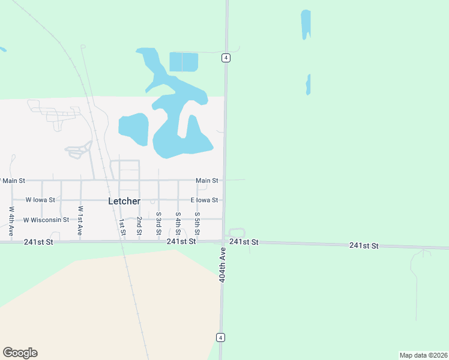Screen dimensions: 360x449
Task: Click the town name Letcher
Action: (x=124, y=201)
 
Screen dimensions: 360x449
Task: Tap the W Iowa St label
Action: (x=40, y=200)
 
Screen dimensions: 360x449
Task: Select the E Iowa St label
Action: (x=204, y=200)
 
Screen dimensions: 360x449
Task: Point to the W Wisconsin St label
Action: (x=46, y=220)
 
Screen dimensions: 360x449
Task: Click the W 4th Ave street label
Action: (x=11, y=220)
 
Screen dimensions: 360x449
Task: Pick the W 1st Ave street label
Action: (x=80, y=220)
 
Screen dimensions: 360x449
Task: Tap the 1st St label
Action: (x=122, y=227)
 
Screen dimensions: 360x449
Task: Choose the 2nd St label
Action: (x=139, y=225)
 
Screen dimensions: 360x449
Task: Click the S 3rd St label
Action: (x=158, y=222)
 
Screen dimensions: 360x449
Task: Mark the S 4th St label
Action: (x=178, y=222)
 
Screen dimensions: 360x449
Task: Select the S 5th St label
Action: (x=197, y=222)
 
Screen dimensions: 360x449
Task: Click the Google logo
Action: (x=20, y=353)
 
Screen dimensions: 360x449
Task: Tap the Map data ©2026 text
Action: (x=423, y=355)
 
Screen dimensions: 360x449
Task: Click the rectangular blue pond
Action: (x=184, y=62)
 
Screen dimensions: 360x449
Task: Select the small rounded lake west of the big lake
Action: (x=133, y=128)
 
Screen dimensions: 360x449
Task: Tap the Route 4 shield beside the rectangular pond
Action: (x=225, y=58)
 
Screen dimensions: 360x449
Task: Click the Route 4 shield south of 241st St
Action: (x=221, y=337)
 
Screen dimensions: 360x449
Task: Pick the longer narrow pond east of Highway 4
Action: (x=306, y=24)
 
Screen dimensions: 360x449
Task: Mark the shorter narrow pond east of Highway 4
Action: (x=308, y=85)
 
